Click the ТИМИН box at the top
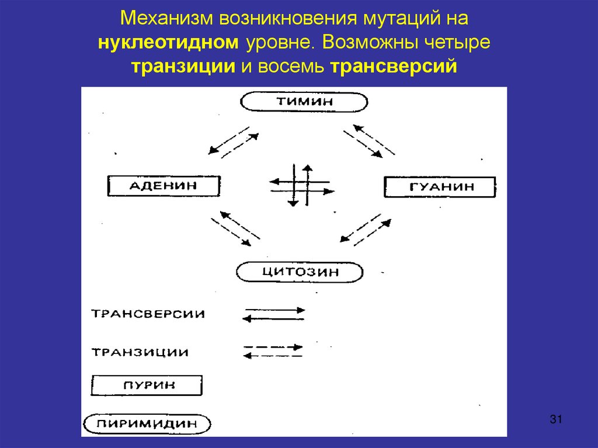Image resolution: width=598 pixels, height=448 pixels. (x=305, y=101)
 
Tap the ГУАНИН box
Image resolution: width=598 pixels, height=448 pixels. (x=439, y=187)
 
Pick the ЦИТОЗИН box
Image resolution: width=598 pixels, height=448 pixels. (x=300, y=272)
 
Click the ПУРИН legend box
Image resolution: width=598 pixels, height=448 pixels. (x=146, y=386)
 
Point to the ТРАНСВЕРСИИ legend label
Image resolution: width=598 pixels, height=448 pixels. (x=148, y=314)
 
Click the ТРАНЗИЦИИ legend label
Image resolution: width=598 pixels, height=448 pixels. (x=140, y=352)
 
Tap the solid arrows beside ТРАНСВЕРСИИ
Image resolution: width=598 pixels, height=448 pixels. (x=273, y=314)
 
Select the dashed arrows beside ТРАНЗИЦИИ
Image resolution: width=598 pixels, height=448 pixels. (x=273, y=350)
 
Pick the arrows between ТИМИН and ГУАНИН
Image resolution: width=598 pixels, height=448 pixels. (x=368, y=141)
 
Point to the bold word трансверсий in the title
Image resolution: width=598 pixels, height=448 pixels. (x=393, y=65)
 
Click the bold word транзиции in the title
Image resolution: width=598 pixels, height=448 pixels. (x=183, y=65)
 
